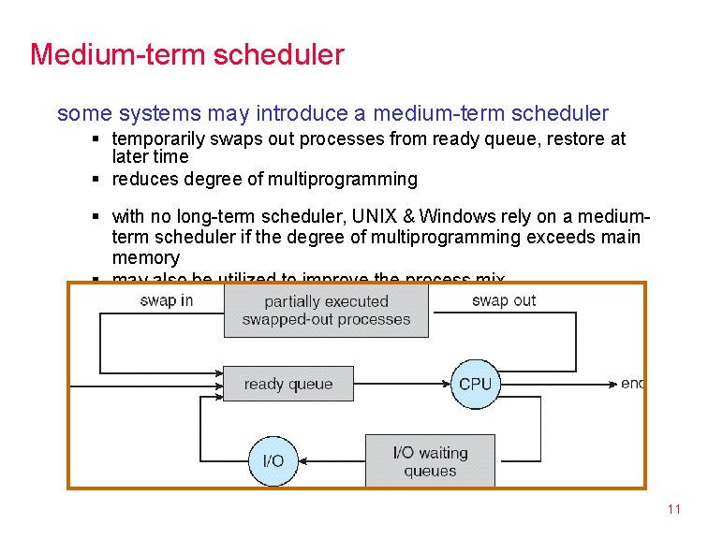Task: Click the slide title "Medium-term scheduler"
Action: (187, 54)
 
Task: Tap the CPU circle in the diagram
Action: (475, 384)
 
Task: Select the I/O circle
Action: (273, 460)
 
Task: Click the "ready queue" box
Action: (288, 384)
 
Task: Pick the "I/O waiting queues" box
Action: (430, 461)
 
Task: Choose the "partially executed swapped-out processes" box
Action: (326, 311)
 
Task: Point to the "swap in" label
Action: (167, 300)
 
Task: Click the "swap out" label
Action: (504, 300)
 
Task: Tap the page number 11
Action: (673, 510)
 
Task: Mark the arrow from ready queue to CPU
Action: (403, 384)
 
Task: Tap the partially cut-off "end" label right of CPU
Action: (632, 384)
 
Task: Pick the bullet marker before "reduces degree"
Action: (96, 179)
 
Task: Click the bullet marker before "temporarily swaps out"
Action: (96, 139)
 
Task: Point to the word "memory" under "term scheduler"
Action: (145, 257)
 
